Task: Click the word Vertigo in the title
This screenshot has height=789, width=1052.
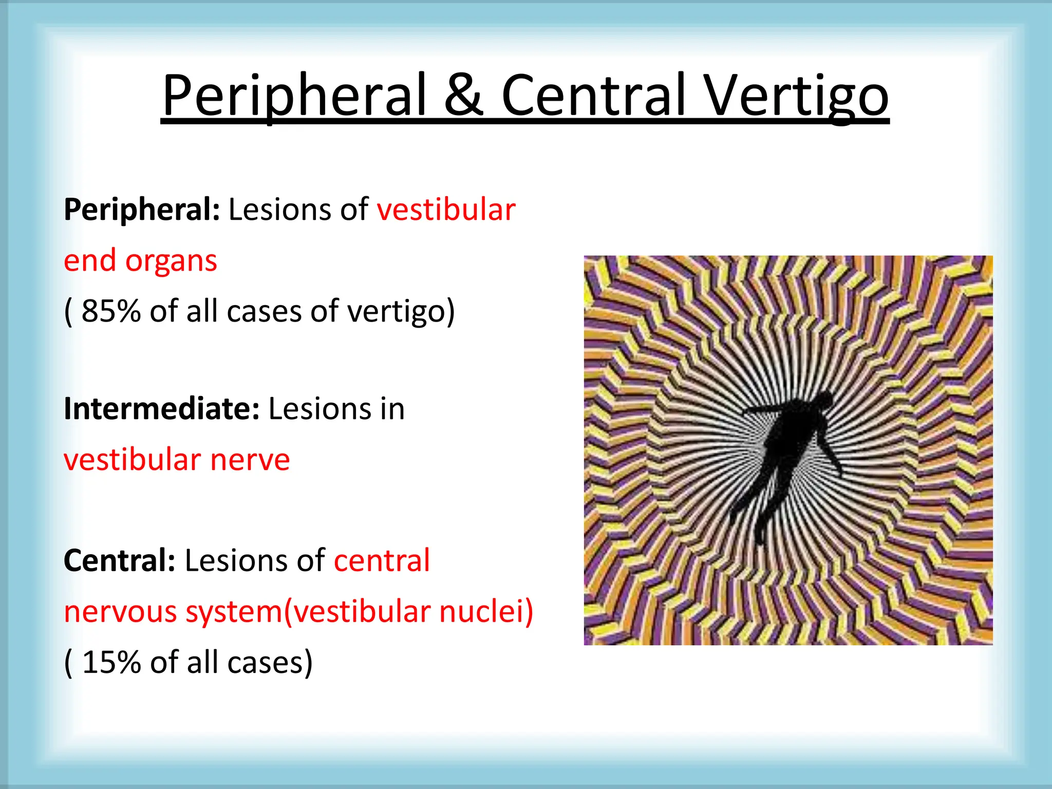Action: pyautogui.click(x=796, y=96)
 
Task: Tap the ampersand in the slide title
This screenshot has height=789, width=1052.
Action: pyautogui.click(x=463, y=96)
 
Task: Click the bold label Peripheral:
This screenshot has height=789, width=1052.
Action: pyautogui.click(x=141, y=211)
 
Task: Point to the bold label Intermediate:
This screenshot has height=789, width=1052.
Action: pyautogui.click(x=161, y=409)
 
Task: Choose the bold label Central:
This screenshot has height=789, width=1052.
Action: pyautogui.click(x=119, y=560)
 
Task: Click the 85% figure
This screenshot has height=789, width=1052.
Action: pyautogui.click(x=111, y=311)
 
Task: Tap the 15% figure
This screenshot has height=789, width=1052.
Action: pyautogui.click(x=111, y=663)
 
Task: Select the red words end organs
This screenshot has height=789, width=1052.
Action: pyautogui.click(x=140, y=261)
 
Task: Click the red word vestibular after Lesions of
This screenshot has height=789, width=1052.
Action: pyautogui.click(x=446, y=211)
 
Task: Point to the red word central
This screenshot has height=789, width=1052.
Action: pyautogui.click(x=382, y=560)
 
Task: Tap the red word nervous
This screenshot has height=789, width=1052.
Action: pyautogui.click(x=120, y=612)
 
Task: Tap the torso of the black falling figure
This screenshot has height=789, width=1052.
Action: pyautogui.click(x=791, y=437)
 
